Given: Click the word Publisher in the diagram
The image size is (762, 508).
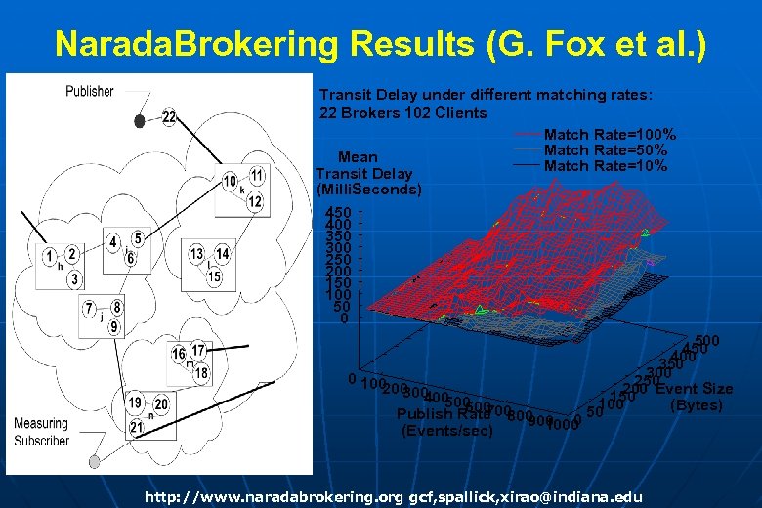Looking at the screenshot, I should [89, 92].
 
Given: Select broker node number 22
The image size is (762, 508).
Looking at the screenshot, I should [169, 117].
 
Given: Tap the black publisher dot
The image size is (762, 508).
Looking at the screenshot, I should [140, 121].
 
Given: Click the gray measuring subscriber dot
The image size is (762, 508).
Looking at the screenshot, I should [95, 460].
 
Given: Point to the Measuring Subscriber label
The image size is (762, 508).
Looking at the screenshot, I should [41, 432].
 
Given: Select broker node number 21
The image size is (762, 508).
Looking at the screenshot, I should [137, 427].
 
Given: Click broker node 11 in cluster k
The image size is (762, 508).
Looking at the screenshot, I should [256, 175].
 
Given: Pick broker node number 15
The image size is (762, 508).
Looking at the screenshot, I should [214, 278].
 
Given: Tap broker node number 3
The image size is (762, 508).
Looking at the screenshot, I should [74, 279].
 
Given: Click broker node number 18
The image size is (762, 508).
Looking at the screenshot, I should [202, 373].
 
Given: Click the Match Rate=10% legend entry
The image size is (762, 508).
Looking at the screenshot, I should [605, 166].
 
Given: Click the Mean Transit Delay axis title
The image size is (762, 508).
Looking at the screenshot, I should [368, 173].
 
